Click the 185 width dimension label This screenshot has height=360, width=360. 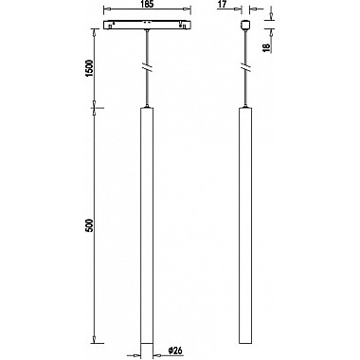(x=147, y=5)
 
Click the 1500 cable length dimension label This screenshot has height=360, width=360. (x=90, y=69)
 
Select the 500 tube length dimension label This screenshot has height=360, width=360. (x=90, y=225)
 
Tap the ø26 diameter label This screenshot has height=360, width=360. (x=175, y=351)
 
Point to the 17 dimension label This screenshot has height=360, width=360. (x=223, y=5)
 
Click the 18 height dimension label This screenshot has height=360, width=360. (x=266, y=47)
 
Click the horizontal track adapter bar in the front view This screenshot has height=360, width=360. (x=147, y=25)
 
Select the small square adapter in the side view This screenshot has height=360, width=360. (x=245, y=25)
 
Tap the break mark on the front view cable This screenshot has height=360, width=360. (x=147, y=67)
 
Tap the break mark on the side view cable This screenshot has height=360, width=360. (x=245, y=67)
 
